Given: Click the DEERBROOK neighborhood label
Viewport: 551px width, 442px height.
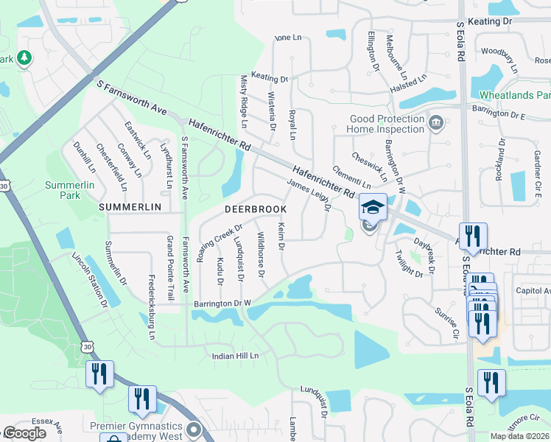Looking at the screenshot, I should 254,210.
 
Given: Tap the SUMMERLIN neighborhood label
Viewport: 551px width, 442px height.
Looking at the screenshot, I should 130,208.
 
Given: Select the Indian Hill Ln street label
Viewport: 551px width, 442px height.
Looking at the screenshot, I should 236,356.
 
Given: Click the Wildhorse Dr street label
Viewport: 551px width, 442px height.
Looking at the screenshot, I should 260,255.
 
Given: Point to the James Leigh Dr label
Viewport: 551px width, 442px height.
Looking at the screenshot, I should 308,195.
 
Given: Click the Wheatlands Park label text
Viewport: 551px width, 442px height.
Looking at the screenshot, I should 515,96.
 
